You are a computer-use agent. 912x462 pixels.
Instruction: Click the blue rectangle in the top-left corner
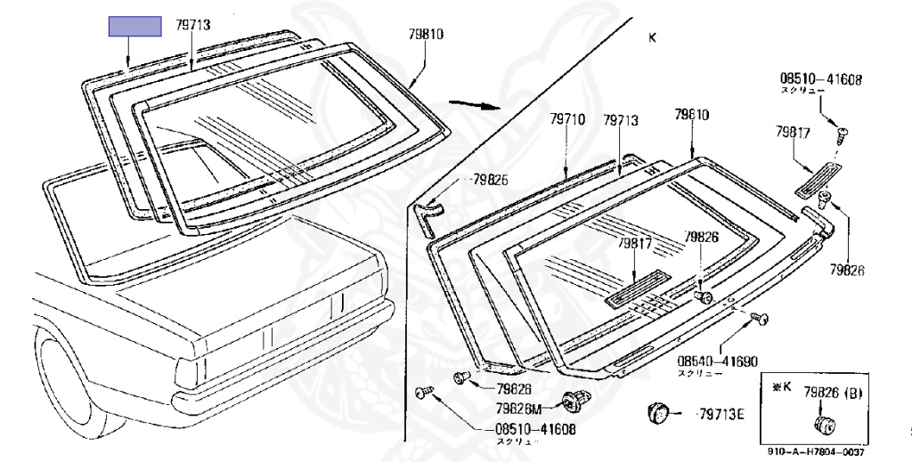[134, 27]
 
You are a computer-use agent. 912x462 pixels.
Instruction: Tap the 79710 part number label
[566, 118]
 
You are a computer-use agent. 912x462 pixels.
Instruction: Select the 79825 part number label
[491, 180]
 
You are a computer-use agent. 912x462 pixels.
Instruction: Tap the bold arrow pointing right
[471, 101]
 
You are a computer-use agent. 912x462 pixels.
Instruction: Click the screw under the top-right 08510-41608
[841, 134]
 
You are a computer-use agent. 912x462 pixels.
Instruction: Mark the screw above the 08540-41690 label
[760, 317]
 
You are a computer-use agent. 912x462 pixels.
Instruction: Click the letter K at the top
[652, 37]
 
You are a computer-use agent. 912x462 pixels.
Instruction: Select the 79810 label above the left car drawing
[426, 35]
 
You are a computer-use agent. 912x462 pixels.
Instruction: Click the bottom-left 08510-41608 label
[535, 428]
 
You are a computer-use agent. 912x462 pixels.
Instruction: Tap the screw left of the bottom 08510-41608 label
[423, 393]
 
